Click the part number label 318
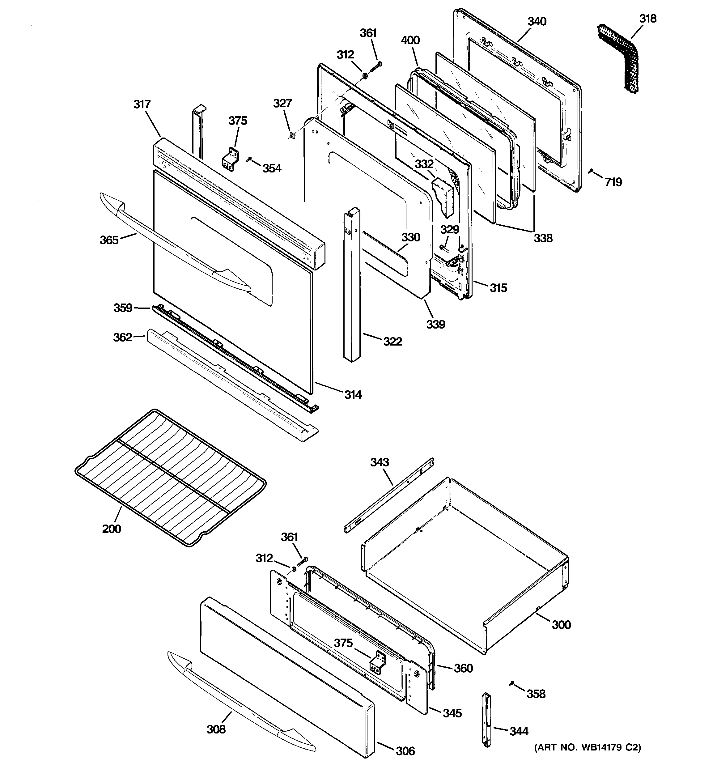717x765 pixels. pos(648,19)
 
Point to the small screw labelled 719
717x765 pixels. pos(591,171)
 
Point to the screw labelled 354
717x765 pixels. pos(249,159)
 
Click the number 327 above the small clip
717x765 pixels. pos(283,103)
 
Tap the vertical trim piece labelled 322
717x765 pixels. pos(352,285)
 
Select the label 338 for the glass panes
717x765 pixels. pos(543,238)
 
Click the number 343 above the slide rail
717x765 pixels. pos(380,462)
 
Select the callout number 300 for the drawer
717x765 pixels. pos(561,625)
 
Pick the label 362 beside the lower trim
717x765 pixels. pos(122,338)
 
